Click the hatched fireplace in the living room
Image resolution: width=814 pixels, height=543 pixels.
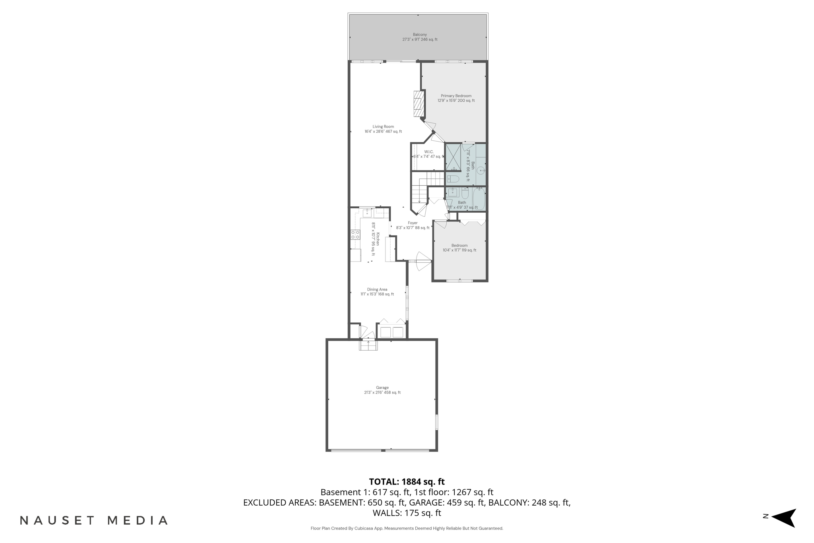418,104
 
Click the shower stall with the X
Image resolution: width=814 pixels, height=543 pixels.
453,157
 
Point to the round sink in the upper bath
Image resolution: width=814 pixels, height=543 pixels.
481,171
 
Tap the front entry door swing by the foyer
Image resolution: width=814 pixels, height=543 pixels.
423,261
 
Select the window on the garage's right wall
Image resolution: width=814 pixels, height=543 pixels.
436,422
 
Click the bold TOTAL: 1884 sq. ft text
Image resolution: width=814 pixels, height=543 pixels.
407,482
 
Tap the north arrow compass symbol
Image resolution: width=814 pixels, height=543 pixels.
783,518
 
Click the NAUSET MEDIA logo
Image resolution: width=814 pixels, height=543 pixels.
94,520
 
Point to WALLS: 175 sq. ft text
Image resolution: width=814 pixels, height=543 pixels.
407,513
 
